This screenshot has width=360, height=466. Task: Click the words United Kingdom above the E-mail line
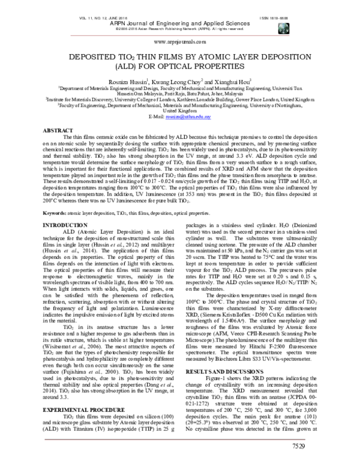tap(179, 111)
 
